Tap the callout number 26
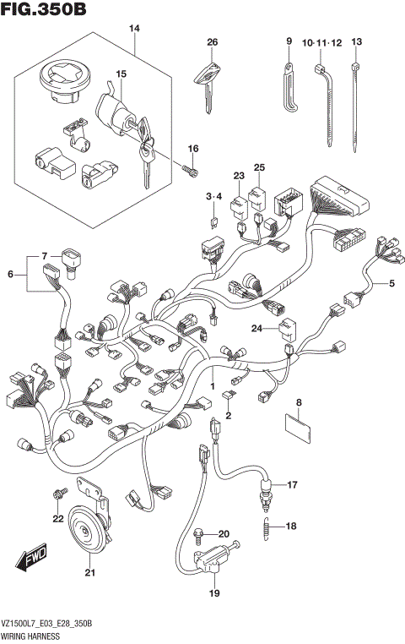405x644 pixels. [x=212, y=42]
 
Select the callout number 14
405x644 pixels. [x=133, y=30]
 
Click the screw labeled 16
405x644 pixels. [x=190, y=173]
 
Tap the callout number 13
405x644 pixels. [x=356, y=42]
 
